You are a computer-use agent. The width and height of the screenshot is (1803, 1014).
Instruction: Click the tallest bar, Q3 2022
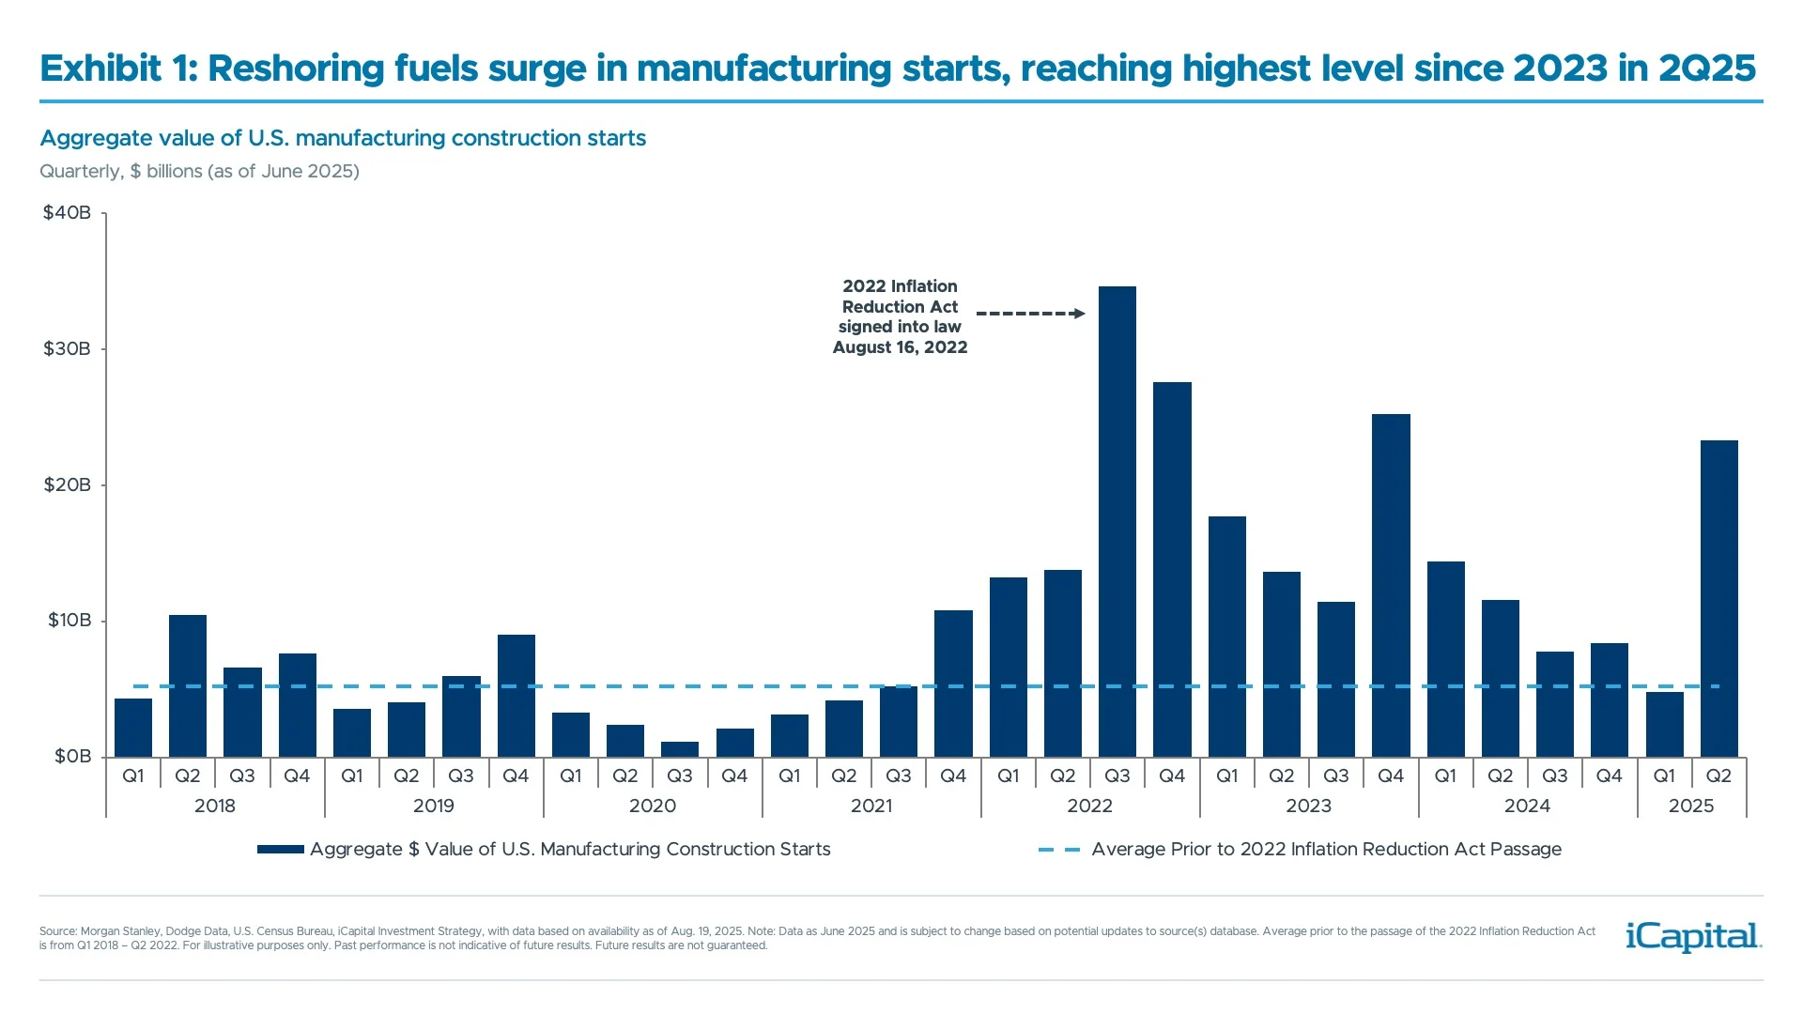click(1117, 521)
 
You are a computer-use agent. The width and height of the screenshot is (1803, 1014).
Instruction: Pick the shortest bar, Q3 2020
click(679, 749)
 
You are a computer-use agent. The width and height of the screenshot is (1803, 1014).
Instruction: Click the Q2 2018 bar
click(187, 685)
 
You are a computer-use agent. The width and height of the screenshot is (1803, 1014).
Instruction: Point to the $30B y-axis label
click(67, 349)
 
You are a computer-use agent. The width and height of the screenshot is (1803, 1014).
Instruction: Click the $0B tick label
click(72, 757)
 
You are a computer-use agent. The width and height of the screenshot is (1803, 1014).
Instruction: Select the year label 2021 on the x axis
click(871, 806)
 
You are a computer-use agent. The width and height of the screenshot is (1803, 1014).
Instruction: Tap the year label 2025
click(1690, 806)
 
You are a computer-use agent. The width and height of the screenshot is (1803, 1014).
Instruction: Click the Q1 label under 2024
click(1444, 776)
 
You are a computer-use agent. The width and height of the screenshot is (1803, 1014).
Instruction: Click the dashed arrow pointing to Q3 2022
click(1030, 314)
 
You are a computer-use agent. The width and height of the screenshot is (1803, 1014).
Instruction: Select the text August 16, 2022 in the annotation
click(900, 347)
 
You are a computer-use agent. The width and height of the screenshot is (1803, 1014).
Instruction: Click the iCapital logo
click(1693, 936)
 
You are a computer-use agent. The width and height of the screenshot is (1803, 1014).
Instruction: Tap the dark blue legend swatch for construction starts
click(280, 850)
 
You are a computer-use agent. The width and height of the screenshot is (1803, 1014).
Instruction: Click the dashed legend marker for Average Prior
click(1058, 850)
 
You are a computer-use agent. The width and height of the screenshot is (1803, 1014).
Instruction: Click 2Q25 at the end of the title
click(1706, 69)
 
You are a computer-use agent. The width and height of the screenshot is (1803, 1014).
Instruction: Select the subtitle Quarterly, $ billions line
click(199, 172)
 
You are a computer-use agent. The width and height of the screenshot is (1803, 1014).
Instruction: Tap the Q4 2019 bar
click(516, 696)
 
